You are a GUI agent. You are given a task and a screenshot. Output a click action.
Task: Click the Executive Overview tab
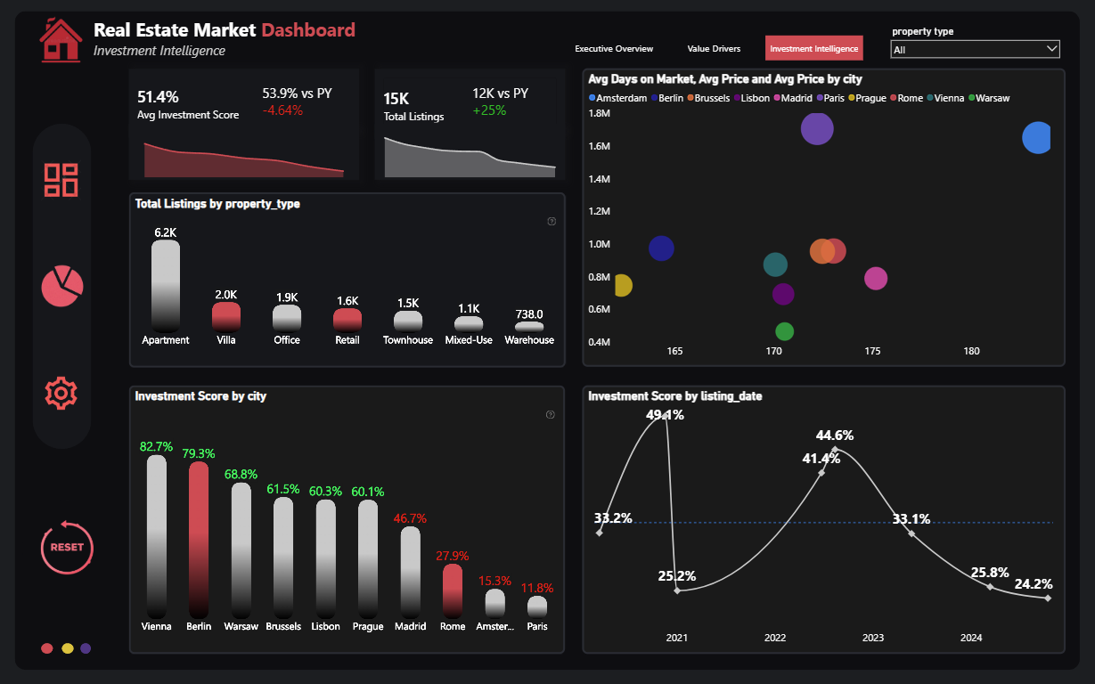(x=614, y=49)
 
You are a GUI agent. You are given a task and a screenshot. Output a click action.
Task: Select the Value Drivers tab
(x=714, y=49)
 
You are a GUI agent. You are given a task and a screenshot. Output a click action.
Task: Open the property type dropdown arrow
(x=1052, y=49)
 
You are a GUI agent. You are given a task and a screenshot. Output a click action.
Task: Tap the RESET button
(x=67, y=547)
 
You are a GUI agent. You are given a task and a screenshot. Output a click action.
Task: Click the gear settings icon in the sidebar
(x=61, y=393)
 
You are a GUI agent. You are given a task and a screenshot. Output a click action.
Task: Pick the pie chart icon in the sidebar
(x=62, y=286)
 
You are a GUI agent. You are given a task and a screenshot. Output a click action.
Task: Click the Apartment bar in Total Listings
(x=165, y=286)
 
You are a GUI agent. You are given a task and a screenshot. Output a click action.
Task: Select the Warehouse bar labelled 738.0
(x=529, y=327)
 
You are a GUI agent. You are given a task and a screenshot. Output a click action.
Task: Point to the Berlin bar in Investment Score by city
(x=199, y=540)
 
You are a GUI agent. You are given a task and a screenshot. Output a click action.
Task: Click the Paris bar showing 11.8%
(x=537, y=607)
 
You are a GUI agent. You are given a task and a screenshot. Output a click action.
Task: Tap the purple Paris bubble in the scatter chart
(x=817, y=129)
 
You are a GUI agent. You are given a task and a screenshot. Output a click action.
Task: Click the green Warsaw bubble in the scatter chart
(x=785, y=331)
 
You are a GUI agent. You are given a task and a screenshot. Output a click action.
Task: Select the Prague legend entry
(x=867, y=98)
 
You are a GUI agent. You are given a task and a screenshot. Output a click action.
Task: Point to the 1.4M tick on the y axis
(x=599, y=179)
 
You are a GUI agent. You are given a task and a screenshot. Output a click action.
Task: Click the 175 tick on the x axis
(x=872, y=351)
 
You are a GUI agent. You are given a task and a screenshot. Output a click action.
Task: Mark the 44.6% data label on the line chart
(x=835, y=435)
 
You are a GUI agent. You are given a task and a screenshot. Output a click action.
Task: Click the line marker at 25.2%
(x=677, y=590)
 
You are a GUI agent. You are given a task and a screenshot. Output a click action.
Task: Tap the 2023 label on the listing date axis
(x=872, y=638)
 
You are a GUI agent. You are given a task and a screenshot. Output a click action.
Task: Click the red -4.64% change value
(x=282, y=110)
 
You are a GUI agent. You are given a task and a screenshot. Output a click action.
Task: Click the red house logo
(x=61, y=40)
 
